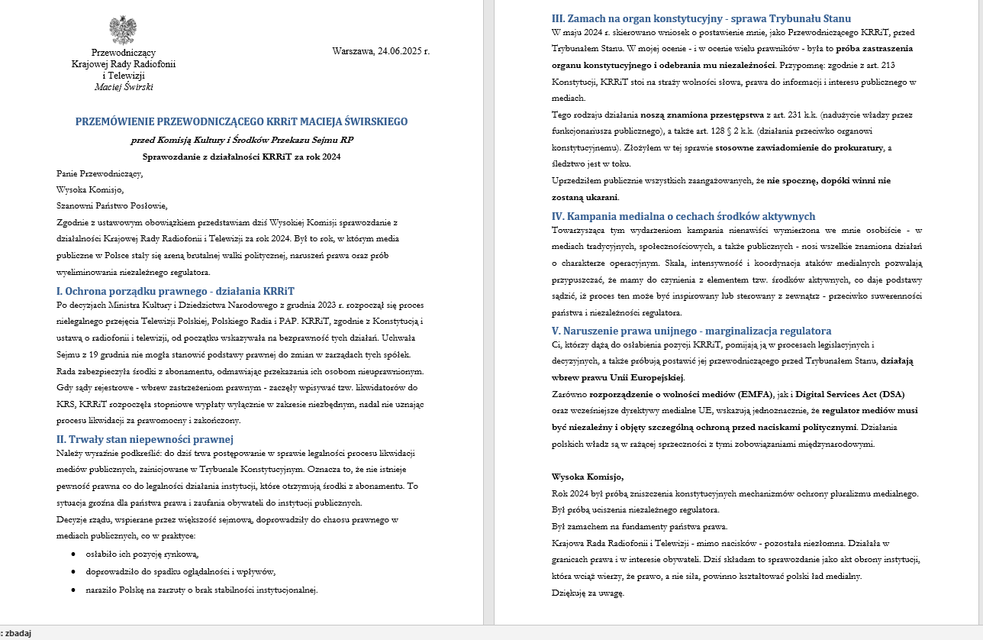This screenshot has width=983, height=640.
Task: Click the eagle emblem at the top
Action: tap(123, 30)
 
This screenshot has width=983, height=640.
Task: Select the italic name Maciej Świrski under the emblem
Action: tap(123, 87)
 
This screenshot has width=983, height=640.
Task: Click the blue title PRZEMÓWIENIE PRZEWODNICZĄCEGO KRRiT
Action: tap(241, 121)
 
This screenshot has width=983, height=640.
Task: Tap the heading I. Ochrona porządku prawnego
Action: tap(175, 291)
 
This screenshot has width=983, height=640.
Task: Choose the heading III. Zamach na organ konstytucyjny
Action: tap(701, 18)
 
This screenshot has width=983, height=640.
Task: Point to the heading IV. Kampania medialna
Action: tap(683, 216)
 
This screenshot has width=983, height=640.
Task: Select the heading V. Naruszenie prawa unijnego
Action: tap(691, 331)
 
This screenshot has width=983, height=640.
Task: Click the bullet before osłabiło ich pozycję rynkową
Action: tap(73, 554)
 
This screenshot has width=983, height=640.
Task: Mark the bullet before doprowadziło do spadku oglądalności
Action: tap(73, 572)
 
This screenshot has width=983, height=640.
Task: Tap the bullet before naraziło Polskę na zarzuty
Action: tap(73, 590)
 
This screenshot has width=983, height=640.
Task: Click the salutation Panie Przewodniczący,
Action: tap(99, 173)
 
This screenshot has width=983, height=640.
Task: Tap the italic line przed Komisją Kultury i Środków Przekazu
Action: tap(241, 140)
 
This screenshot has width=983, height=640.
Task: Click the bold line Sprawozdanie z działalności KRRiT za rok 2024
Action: tap(241, 157)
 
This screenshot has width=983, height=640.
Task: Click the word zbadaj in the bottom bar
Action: tap(18, 633)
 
